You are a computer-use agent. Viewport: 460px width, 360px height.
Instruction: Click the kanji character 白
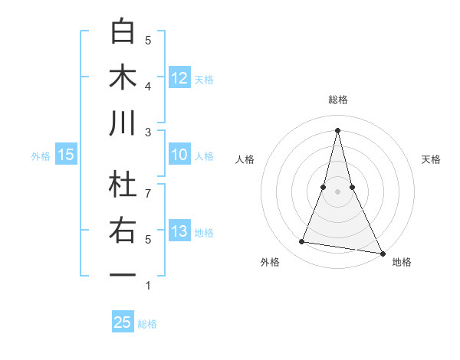click(123, 32)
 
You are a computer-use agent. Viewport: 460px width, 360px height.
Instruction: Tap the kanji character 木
click(123, 77)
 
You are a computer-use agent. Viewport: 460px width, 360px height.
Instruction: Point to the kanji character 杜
click(123, 185)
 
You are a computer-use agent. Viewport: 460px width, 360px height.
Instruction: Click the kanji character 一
click(123, 274)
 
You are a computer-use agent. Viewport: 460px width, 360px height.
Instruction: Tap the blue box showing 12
click(179, 77)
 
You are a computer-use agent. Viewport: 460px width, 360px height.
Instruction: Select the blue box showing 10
click(179, 155)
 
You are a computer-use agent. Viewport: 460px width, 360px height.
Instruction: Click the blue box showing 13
click(179, 231)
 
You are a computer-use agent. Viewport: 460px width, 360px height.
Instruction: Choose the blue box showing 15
click(66, 155)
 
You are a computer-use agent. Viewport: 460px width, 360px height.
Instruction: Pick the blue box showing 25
click(123, 322)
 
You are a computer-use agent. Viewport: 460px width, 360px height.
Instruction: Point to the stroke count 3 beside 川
click(148, 132)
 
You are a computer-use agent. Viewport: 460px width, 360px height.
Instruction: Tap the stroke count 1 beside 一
click(148, 286)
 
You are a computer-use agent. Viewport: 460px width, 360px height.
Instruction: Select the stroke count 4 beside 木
click(148, 86)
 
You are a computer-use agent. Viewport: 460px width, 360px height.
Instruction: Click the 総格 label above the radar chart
click(337, 100)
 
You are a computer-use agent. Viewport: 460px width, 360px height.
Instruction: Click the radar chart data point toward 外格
click(302, 242)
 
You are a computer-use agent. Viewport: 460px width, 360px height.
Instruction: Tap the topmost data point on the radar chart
click(337, 129)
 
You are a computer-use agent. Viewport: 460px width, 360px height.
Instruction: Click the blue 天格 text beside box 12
click(204, 80)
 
